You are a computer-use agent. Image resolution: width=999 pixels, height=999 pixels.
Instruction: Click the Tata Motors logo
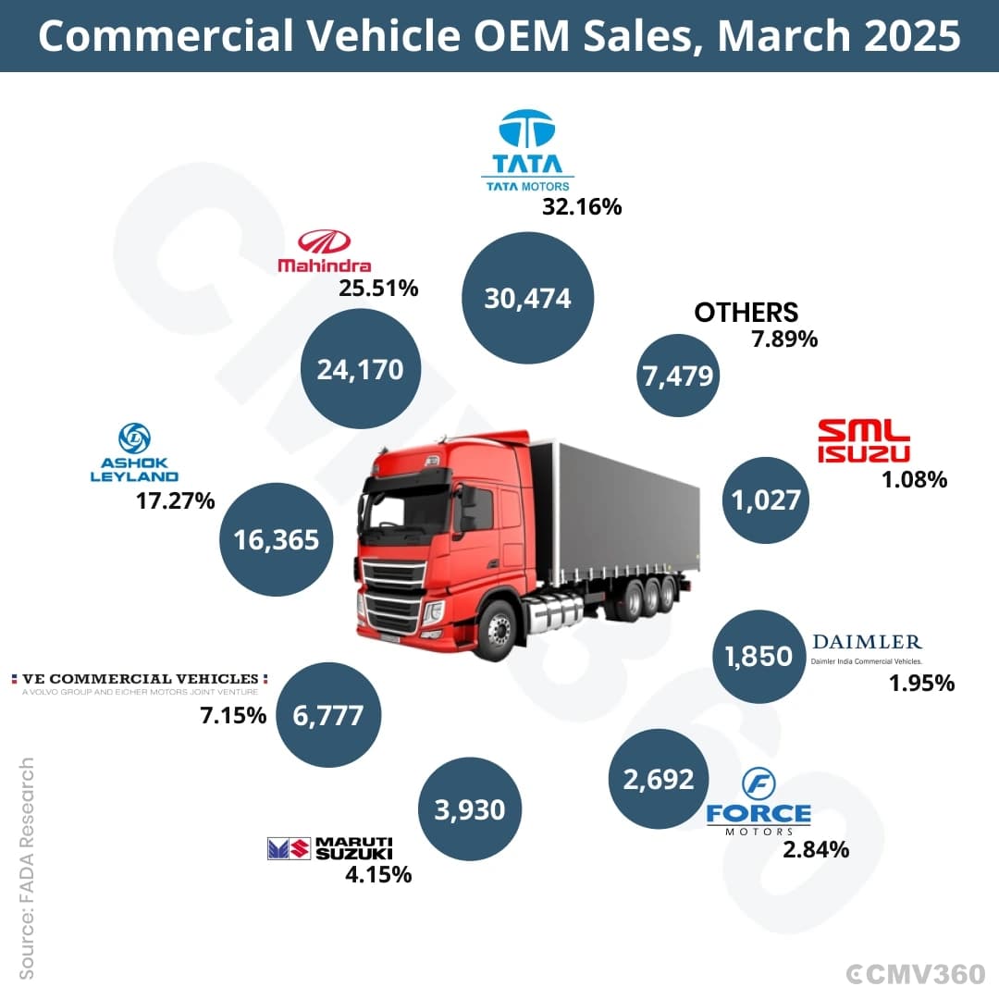tap(527, 151)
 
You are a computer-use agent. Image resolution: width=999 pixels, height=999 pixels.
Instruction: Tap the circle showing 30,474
tap(528, 298)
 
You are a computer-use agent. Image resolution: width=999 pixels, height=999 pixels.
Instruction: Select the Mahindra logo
tap(325, 252)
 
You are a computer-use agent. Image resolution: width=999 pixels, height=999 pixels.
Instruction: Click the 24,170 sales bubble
tap(361, 369)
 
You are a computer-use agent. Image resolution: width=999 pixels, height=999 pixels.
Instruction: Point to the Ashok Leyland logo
tap(135, 453)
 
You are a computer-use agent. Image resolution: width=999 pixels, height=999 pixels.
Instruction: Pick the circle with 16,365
tap(276, 539)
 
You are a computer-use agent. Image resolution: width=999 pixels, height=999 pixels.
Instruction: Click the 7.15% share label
tap(233, 715)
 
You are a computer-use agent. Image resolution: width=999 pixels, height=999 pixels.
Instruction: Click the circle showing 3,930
tap(470, 809)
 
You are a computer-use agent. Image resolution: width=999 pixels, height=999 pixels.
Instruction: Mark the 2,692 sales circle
tap(659, 779)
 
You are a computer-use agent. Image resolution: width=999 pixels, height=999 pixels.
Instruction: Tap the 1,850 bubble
tap(759, 656)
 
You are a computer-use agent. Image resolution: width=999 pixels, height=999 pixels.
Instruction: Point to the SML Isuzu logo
tap(864, 440)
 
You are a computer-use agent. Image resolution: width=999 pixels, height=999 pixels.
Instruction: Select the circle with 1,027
tap(766, 499)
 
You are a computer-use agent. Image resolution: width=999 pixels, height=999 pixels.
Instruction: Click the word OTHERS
tap(746, 312)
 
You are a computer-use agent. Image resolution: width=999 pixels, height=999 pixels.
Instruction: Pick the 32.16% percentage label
tap(582, 206)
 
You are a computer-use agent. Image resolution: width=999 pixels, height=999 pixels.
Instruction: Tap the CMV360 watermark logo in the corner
tap(917, 973)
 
